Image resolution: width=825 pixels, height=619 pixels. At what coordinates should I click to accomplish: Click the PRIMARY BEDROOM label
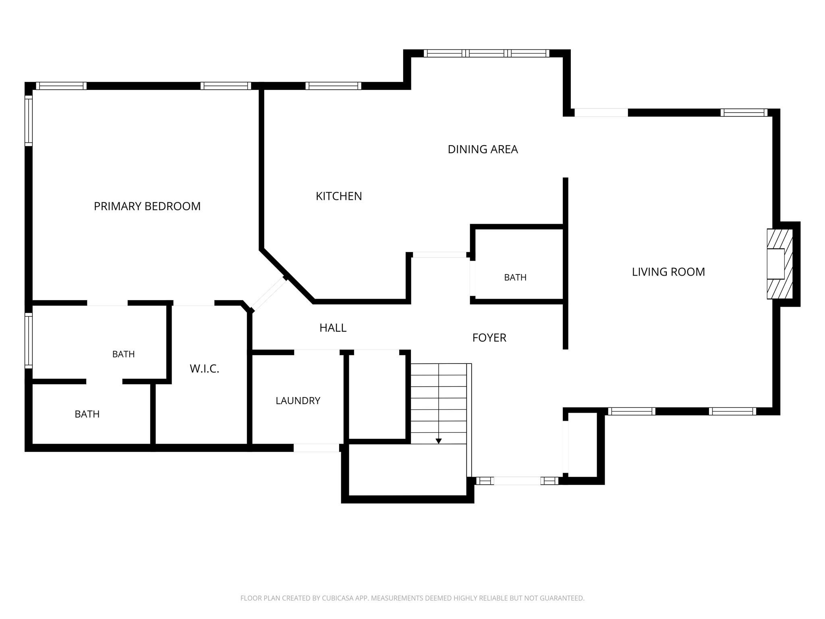click(147, 206)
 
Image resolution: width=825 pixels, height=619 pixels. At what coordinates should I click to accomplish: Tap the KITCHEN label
click(339, 196)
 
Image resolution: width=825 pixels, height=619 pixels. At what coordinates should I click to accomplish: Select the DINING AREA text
click(483, 150)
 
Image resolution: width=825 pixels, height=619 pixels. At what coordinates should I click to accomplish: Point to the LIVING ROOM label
click(668, 272)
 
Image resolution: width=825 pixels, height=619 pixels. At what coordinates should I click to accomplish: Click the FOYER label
click(489, 338)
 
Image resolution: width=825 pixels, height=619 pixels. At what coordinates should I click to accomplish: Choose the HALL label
click(333, 328)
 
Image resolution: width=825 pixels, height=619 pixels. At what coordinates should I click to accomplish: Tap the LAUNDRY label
click(298, 401)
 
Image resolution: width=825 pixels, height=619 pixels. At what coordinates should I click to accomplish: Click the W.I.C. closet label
click(204, 369)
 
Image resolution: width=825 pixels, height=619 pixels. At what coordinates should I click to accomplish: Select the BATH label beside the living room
click(515, 277)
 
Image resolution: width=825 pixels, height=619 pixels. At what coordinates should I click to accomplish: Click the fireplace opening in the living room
click(775, 264)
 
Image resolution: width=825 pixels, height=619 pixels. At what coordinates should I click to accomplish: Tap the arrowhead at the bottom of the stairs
click(439, 441)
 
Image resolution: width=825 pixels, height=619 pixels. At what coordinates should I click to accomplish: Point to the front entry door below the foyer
click(517, 481)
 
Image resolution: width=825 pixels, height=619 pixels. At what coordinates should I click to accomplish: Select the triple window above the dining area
click(486, 53)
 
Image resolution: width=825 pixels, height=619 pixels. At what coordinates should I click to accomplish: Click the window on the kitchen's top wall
click(333, 86)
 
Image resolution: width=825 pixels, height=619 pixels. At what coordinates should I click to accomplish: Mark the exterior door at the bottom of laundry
click(317, 448)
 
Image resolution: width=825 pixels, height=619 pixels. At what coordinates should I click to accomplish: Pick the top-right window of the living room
click(744, 112)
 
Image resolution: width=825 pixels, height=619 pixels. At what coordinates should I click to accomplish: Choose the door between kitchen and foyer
click(439, 255)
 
